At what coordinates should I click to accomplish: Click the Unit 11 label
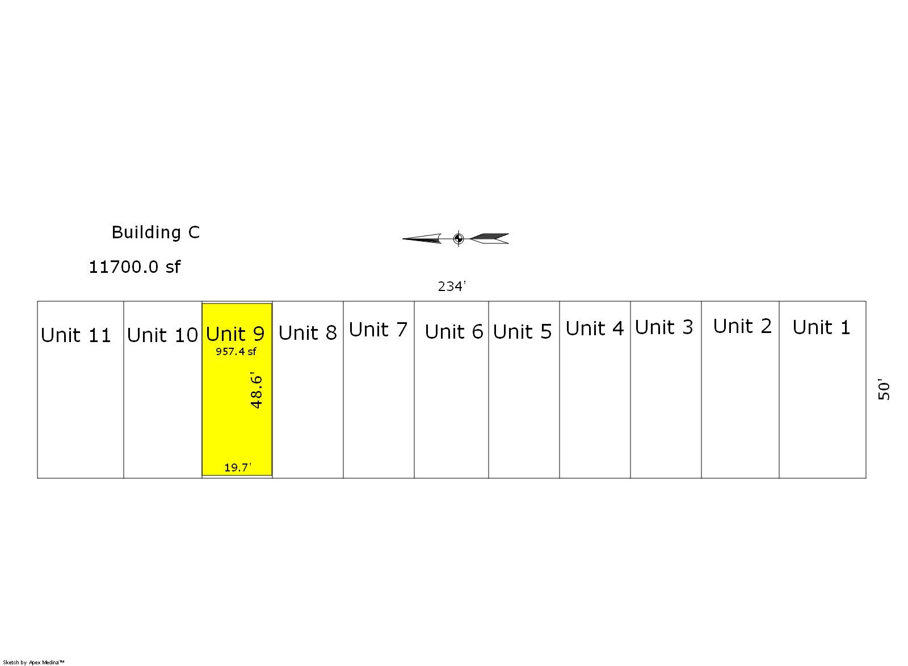pos(76,335)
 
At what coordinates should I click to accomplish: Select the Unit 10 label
pos(162,335)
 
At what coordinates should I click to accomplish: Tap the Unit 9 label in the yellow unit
pos(235,334)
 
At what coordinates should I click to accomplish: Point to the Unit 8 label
pos(308,333)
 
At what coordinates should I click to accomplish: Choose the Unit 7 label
pos(378,330)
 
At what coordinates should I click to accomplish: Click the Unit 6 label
pos(454,332)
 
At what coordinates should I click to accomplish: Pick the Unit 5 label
pos(523,332)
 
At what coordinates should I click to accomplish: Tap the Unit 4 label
pos(595,328)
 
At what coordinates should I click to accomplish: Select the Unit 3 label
pos(664,327)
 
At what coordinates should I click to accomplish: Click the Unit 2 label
pos(743,327)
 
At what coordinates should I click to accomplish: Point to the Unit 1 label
pos(821,327)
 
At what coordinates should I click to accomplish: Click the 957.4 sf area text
pos(236,352)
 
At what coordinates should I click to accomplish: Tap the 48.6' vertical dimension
pos(256,390)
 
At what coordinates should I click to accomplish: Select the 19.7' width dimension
pos(238,467)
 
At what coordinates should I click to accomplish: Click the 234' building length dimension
pos(452,286)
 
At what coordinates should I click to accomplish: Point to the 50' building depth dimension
pos(884,389)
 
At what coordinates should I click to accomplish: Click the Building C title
pos(155,233)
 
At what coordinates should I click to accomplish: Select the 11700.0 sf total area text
pos(134,267)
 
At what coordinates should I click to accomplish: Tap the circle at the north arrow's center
pos(459,239)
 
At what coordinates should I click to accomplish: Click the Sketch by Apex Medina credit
pos(33,663)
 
